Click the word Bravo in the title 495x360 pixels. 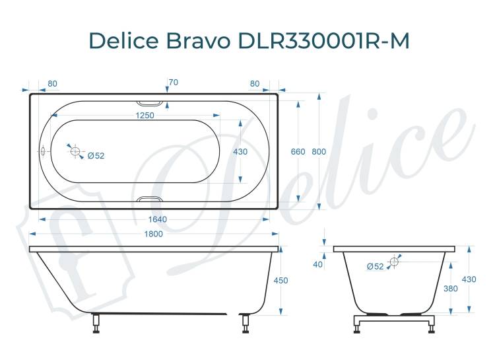[x=197, y=40]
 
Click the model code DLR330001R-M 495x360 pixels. [x=324, y=40]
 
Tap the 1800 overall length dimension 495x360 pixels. [x=153, y=234]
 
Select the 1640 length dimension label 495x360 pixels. [x=157, y=219]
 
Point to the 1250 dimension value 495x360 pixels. [x=145, y=116]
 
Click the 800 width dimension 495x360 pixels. [x=319, y=152]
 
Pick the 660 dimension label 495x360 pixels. [x=298, y=152]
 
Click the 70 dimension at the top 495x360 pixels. [x=174, y=83]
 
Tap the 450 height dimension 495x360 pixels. [x=280, y=281]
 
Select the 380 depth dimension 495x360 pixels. [x=451, y=289]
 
